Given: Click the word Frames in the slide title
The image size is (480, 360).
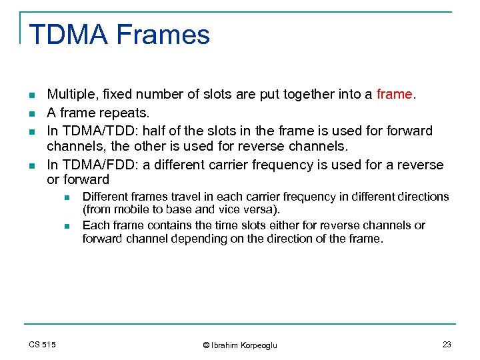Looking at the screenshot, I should click(x=164, y=35).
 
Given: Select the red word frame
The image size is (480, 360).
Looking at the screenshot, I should click(x=394, y=95).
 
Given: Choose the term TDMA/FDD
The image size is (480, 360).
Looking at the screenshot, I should click(x=92, y=165).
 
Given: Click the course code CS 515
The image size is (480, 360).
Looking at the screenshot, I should click(x=43, y=344).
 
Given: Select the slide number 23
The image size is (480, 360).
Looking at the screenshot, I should click(x=446, y=344).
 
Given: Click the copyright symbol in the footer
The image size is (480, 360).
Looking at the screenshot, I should click(x=206, y=345).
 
